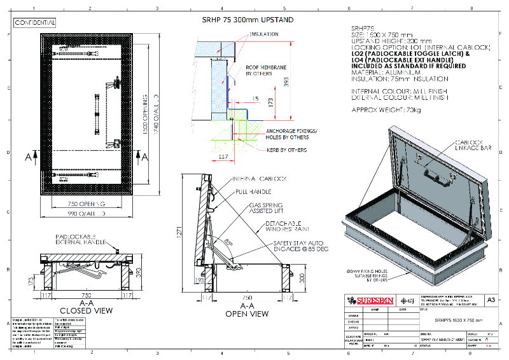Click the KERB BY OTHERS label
(286, 150)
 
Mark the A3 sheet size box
(490, 299)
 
